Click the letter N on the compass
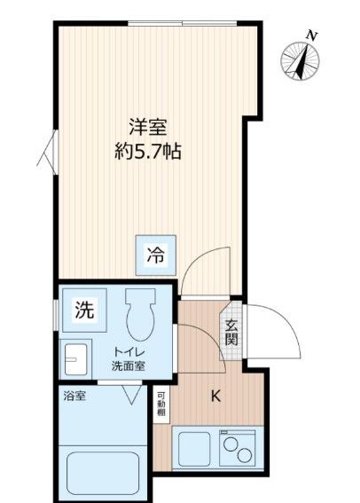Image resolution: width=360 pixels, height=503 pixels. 311,35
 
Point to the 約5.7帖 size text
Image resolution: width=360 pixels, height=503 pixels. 148,153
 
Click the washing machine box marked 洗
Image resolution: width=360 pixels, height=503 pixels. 82,310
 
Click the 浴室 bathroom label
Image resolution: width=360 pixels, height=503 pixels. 74,397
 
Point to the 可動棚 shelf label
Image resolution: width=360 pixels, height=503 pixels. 160,404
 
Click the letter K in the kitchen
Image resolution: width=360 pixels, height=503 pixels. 215,397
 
